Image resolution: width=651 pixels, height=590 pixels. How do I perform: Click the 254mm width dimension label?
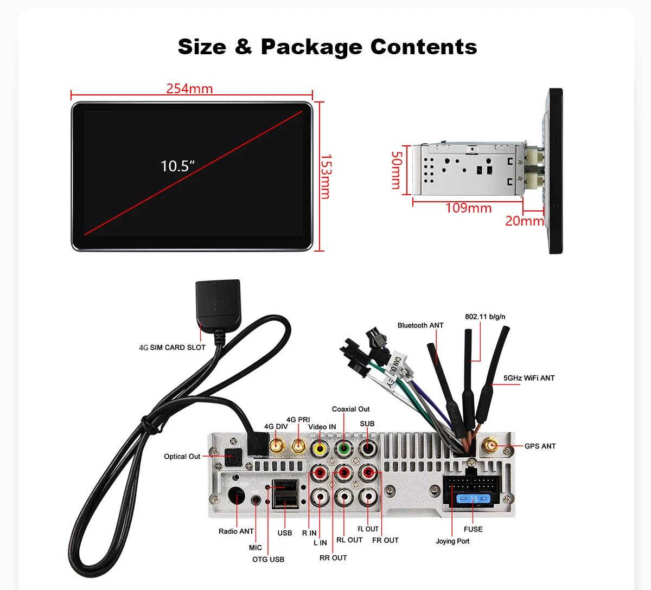pos(189,88)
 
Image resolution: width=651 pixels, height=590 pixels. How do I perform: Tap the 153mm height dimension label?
pos(325,176)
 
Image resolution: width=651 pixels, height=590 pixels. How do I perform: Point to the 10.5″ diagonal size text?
pos(177,166)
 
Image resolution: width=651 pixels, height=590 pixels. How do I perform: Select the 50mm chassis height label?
pos(397,170)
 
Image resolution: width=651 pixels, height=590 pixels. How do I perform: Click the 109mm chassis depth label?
pos(468,208)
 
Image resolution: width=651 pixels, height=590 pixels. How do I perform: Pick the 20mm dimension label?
pos(524,221)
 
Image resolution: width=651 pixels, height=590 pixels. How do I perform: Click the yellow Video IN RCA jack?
pos(320,448)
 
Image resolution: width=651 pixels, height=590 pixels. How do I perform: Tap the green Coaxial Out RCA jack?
pos(344,448)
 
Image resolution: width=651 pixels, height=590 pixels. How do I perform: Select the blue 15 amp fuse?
pos(473,498)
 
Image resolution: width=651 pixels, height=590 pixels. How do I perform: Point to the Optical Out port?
pos(233,456)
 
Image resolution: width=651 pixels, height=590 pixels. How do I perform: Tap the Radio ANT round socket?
pos(236,496)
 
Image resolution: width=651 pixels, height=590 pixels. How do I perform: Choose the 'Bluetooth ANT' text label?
pos(420,325)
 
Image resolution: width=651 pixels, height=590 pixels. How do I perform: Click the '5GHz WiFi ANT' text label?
pos(529,378)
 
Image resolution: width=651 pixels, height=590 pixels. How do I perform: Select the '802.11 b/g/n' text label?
pos(485,317)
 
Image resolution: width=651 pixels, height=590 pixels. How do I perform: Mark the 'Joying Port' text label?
pos(452,541)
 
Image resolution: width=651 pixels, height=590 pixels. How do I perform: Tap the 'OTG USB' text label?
pos(268,559)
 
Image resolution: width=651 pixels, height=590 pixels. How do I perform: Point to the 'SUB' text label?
pos(367,424)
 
